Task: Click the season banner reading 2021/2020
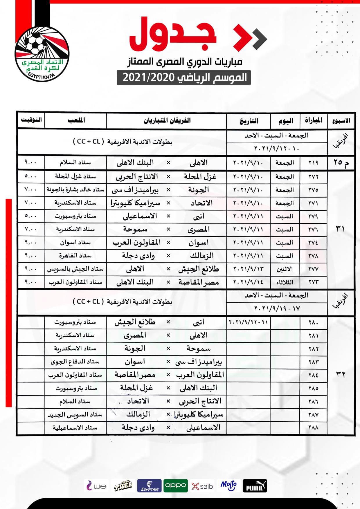coord(184,77)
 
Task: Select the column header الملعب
coord(76,120)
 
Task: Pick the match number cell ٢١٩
coord(313,163)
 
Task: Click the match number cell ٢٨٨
coord(313,428)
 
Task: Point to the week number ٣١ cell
coord(341,229)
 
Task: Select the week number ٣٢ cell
coord(341,375)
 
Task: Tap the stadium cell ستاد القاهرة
coord(75,256)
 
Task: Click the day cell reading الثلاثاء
coord(285,282)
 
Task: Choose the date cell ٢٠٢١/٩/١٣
coord(248,269)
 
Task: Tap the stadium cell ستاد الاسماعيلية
coord(75,428)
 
